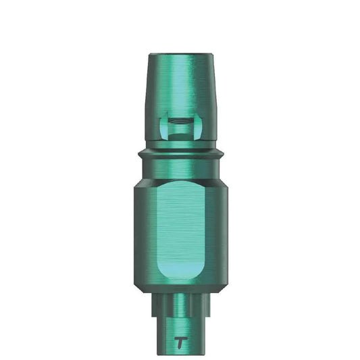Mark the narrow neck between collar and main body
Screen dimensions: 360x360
click(x=180, y=168)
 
